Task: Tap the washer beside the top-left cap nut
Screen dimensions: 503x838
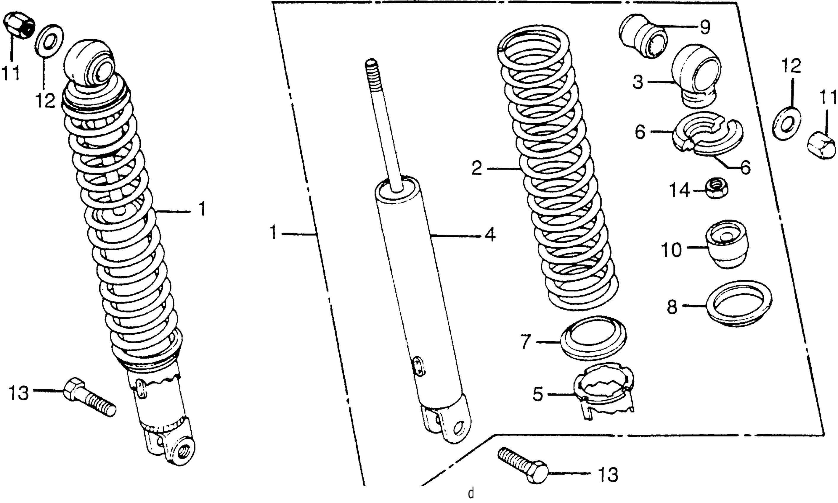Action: (49, 41)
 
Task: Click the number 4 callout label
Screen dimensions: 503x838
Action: (489, 235)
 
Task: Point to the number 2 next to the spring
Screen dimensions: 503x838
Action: (476, 168)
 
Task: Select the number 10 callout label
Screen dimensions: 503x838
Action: (672, 250)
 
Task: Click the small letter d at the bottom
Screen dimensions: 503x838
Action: (471, 494)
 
